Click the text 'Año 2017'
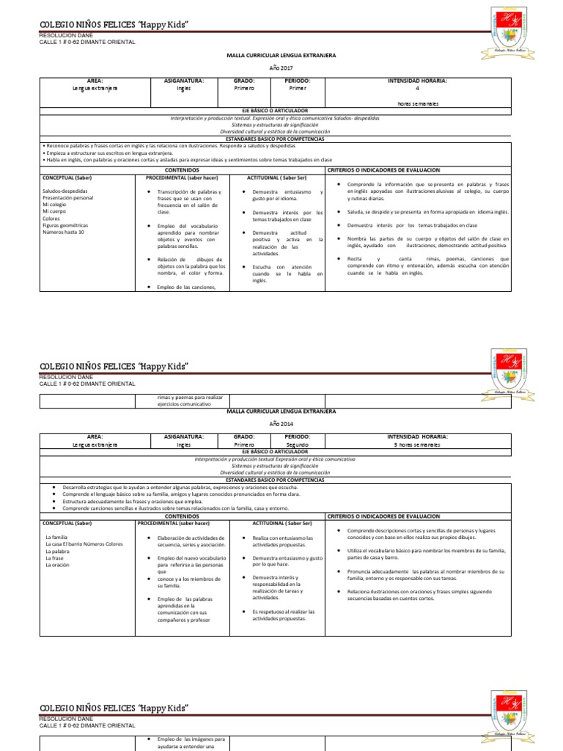tap(281, 67)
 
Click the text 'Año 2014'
tap(281, 424)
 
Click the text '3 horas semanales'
tap(416, 444)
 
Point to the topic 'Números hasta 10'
tap(64, 232)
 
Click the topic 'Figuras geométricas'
tap(65, 225)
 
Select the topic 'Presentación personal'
tap(68, 198)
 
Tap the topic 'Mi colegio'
tap(56, 205)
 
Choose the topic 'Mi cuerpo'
tap(55, 211)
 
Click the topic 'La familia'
tap(56, 538)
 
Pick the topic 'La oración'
tap(56, 565)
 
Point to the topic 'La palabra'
tap(56, 552)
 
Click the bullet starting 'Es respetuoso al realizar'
tap(282, 615)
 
